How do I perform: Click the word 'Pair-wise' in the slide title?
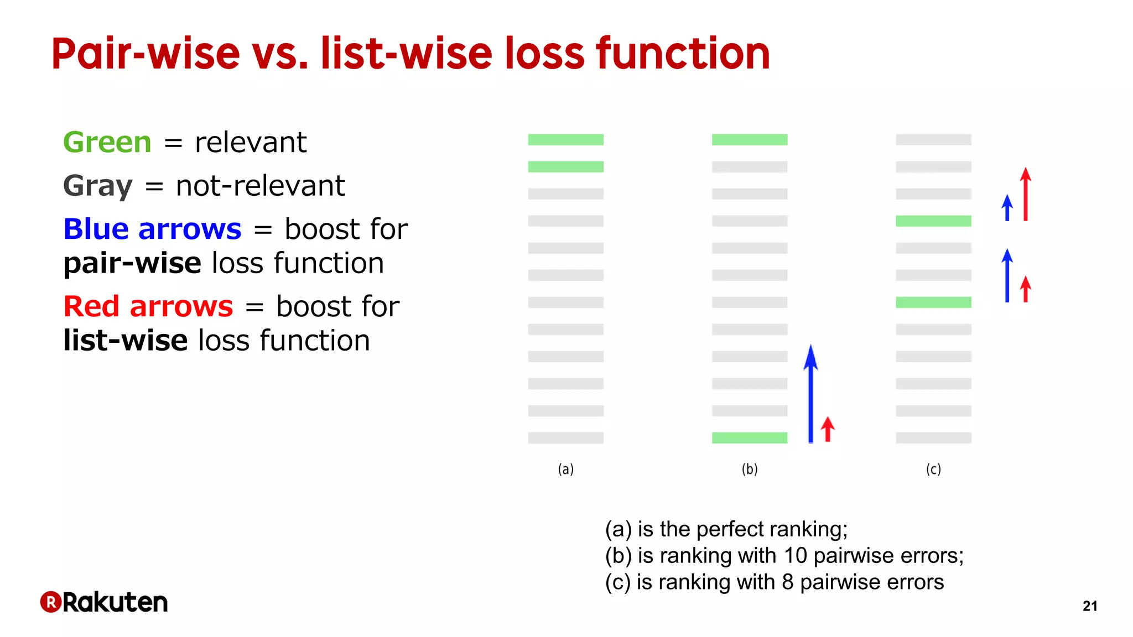point(145,54)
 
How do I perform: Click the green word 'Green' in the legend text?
point(107,143)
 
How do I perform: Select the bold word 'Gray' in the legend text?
point(98,186)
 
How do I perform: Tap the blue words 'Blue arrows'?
point(152,229)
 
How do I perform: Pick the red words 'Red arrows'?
point(148,306)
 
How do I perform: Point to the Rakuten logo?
point(104,602)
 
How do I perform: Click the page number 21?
point(1089,606)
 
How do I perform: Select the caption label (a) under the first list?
point(565,469)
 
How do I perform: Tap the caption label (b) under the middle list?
point(749,469)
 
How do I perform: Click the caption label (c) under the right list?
point(933,469)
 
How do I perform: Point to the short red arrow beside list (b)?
point(828,430)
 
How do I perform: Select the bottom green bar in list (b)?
point(749,438)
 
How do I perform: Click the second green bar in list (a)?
point(565,166)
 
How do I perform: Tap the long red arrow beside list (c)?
point(1025,195)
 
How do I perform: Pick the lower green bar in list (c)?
point(933,302)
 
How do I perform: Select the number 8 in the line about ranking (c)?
point(787,582)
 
